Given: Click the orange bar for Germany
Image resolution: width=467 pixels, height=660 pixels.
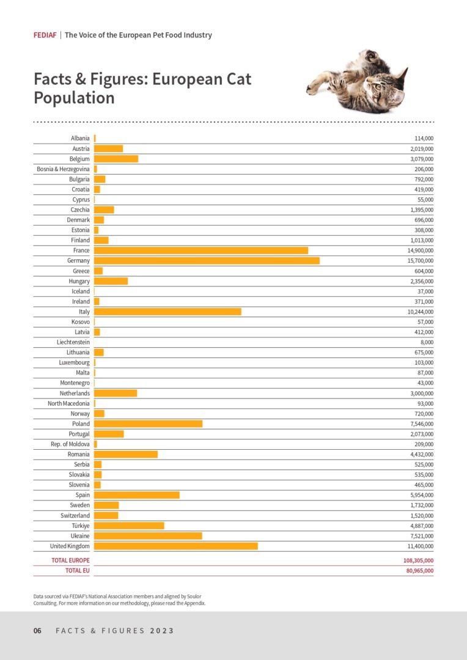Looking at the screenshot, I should (207, 261).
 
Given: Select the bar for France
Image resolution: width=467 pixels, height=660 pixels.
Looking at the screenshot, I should (201, 251).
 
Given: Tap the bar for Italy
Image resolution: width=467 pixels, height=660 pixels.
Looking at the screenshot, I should (167, 312).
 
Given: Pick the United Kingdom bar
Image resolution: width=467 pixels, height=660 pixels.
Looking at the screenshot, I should (176, 546).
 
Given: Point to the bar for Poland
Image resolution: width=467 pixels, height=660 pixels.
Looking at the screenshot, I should (148, 424).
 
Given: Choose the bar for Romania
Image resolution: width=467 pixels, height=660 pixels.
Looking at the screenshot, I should (126, 454).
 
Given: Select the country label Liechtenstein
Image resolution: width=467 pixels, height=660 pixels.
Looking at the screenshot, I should (73, 342).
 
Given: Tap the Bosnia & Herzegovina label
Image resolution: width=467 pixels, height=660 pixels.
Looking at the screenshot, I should (64, 169).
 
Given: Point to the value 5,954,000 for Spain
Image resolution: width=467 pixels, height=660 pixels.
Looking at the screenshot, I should (422, 495).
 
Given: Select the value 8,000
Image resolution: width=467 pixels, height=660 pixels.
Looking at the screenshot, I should (426, 342).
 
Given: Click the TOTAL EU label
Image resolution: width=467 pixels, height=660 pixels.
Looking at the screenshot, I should (78, 571).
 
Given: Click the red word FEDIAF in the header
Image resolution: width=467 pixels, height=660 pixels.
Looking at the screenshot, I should (45, 35).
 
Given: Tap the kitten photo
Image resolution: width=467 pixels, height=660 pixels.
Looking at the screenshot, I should (358, 81).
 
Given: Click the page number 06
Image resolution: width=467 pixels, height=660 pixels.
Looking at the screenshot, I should (37, 631).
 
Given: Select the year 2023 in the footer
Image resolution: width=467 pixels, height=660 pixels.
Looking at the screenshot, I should (162, 631).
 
